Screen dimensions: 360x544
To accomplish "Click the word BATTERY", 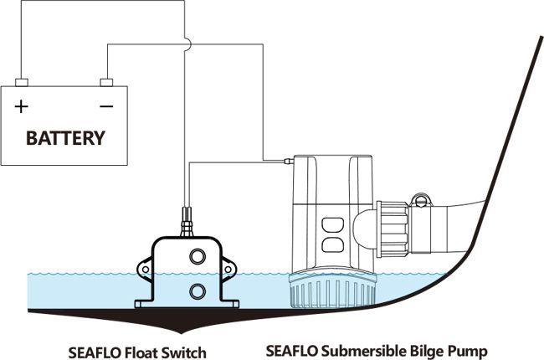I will click(66, 136).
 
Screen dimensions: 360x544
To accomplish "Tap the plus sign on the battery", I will click(21, 106).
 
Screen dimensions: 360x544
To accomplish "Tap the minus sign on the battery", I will click(106, 106).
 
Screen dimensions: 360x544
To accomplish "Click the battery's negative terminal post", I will click(106, 82).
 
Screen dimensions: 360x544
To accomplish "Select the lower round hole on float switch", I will click(198, 291).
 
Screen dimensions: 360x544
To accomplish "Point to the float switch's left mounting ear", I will click(146, 269).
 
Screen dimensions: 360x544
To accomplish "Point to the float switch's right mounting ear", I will click(227, 269).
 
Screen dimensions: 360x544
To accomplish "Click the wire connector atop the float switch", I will click(186, 222).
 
